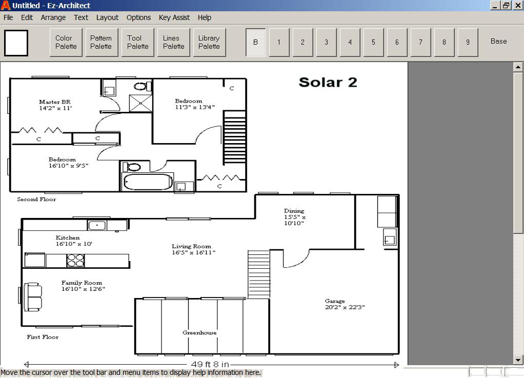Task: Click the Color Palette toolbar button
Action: point(66,42)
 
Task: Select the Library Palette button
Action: point(209,42)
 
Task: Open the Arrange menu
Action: point(53,17)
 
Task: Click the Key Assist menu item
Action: point(174,17)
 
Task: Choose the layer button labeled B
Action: point(255,42)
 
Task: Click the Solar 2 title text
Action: point(328,82)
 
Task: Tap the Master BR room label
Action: point(55,102)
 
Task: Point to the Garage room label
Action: point(335,302)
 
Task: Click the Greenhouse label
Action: point(199,333)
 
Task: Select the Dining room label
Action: point(294,211)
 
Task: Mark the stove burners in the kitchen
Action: point(75,261)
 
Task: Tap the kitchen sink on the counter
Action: point(97,225)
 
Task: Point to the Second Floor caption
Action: point(36,200)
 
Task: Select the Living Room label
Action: point(191,247)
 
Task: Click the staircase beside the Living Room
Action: point(259,273)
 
